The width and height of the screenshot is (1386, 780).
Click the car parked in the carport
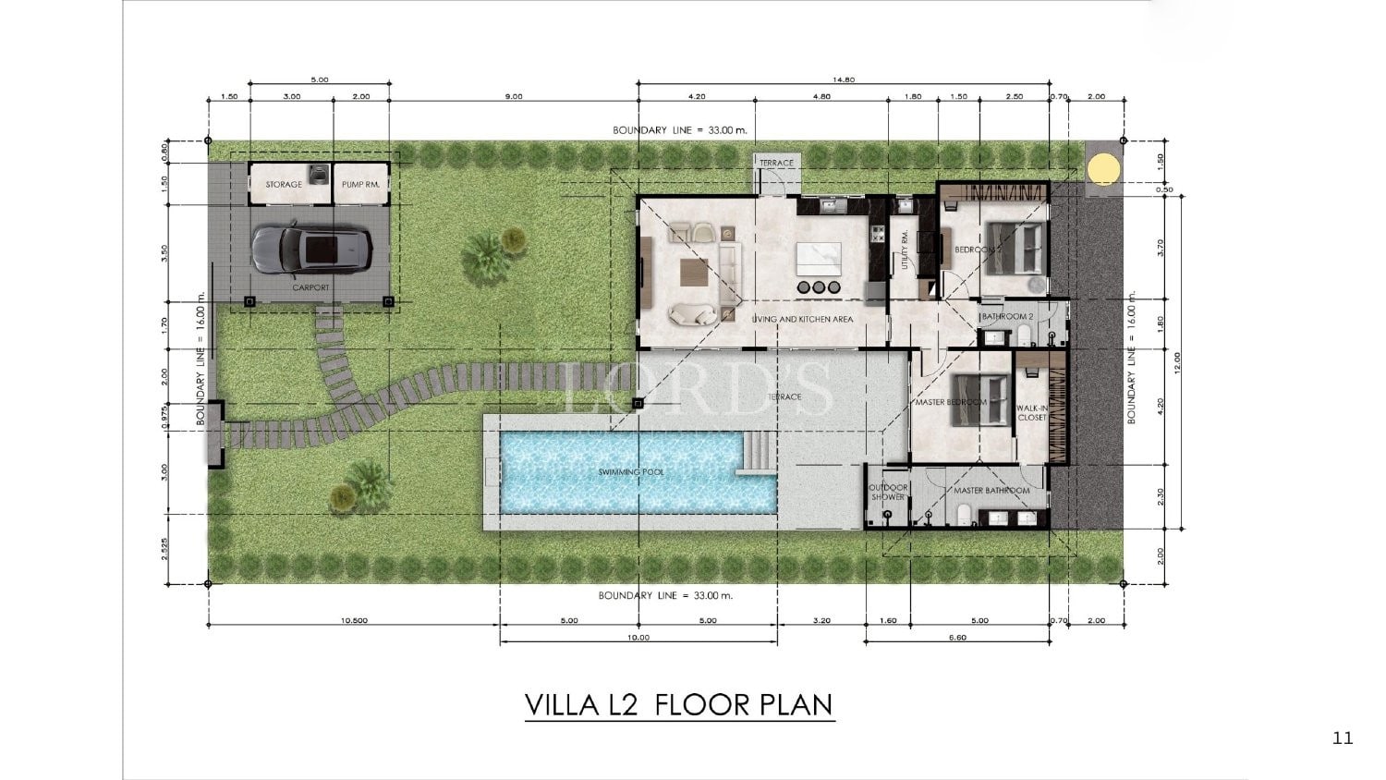(x=311, y=249)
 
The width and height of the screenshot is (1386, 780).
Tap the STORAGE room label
(x=284, y=185)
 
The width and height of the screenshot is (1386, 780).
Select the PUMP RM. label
(x=360, y=185)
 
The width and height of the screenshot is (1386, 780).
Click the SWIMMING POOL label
(x=631, y=472)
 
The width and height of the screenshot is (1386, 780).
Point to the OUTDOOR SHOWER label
(x=888, y=492)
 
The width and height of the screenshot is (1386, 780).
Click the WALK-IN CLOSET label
(x=1032, y=412)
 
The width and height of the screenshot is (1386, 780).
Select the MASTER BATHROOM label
(x=991, y=491)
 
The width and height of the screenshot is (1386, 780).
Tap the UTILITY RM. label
(x=905, y=248)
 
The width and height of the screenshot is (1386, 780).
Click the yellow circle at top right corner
(x=1101, y=169)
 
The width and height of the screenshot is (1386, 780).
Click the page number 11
(x=1343, y=737)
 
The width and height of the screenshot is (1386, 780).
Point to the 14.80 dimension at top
(x=843, y=80)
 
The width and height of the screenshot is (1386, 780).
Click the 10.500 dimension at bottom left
(x=353, y=621)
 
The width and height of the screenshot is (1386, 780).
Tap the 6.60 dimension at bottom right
(x=957, y=637)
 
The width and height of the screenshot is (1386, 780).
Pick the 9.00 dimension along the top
(x=514, y=96)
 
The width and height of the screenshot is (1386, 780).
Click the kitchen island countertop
(x=819, y=255)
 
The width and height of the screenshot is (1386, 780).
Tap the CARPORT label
(x=310, y=287)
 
